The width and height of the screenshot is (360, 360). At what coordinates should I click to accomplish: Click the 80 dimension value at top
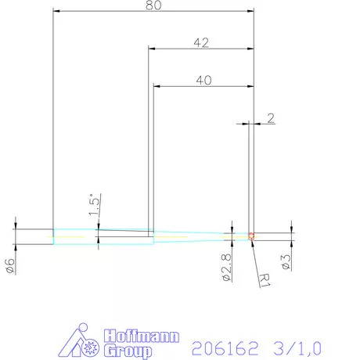(x=154, y=5)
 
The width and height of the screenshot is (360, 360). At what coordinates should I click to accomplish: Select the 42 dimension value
(x=201, y=43)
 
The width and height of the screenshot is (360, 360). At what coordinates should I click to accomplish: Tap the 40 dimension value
(x=201, y=80)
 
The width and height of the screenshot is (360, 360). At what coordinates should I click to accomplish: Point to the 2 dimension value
(x=270, y=118)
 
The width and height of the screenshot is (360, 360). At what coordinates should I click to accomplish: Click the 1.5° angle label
(x=92, y=204)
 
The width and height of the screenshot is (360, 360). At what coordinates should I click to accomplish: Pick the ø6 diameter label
(x=9, y=265)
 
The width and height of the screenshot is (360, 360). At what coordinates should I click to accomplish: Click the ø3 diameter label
(x=287, y=261)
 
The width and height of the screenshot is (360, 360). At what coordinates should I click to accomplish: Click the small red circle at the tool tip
(x=251, y=236)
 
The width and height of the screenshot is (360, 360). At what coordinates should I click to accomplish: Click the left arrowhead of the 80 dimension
(x=57, y=12)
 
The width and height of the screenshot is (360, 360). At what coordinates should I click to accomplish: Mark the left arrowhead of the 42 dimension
(x=153, y=49)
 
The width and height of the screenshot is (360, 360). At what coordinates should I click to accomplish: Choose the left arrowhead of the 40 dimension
(x=157, y=86)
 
